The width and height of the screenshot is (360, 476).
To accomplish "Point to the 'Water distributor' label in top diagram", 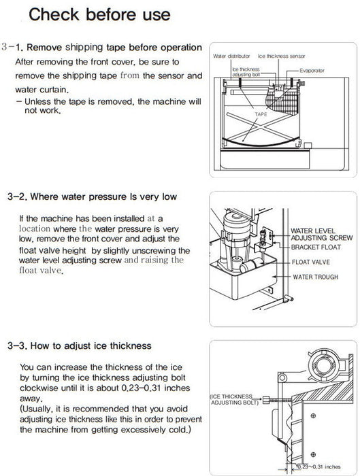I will pyautogui.click(x=231, y=56).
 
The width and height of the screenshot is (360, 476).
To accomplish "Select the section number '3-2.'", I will pyautogui.click(x=14, y=197).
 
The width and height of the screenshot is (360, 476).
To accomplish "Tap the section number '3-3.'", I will pyautogui.click(x=14, y=346).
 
